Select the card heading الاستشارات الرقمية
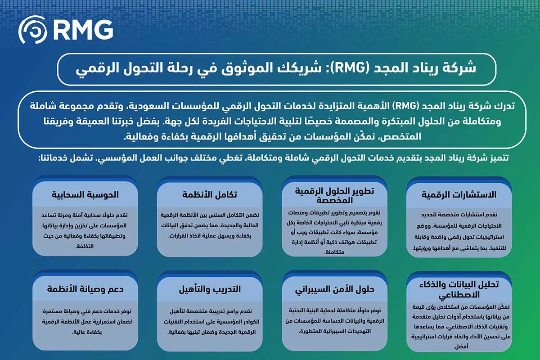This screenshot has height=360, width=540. click(x=459, y=195)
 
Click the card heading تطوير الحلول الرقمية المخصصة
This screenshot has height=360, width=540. click(x=334, y=195)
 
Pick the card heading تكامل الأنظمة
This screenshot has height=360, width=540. click(x=210, y=195)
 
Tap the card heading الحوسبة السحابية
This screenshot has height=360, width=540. click(x=85, y=195)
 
